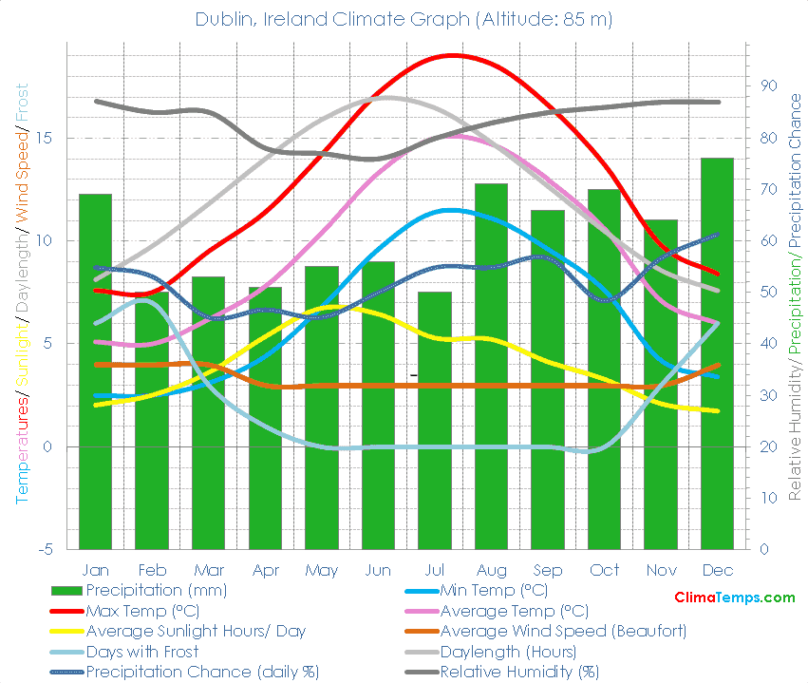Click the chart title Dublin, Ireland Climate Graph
[x=404, y=19]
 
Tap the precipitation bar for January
[x=95, y=371]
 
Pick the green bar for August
[x=491, y=366]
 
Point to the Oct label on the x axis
[x=604, y=570]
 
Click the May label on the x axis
[x=322, y=570]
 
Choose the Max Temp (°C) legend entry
[x=142, y=611]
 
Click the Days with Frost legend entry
[x=142, y=652]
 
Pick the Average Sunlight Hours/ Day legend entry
[x=196, y=631]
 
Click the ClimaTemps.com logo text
[x=734, y=598]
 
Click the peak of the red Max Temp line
[x=453, y=55]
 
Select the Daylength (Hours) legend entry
[x=508, y=652]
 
